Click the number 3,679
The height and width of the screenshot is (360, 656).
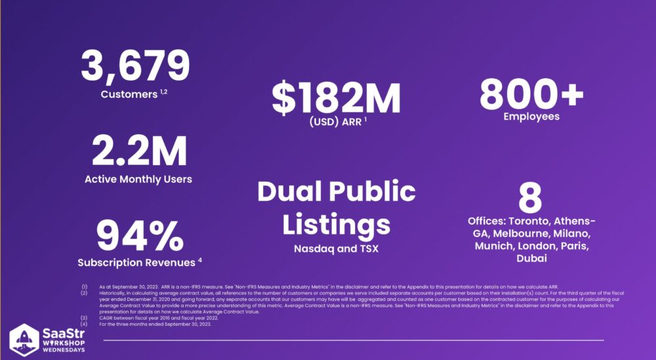(135, 66)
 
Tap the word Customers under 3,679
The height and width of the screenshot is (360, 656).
(129, 94)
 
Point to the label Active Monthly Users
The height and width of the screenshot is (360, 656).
(138, 178)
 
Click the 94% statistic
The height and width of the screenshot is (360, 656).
(139, 237)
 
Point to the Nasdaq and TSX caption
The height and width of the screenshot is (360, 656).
(336, 249)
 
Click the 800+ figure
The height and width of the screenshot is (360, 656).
(531, 94)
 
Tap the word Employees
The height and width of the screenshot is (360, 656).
(531, 117)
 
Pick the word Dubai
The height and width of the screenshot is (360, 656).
(531, 258)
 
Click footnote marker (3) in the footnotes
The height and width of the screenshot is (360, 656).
(84, 318)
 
